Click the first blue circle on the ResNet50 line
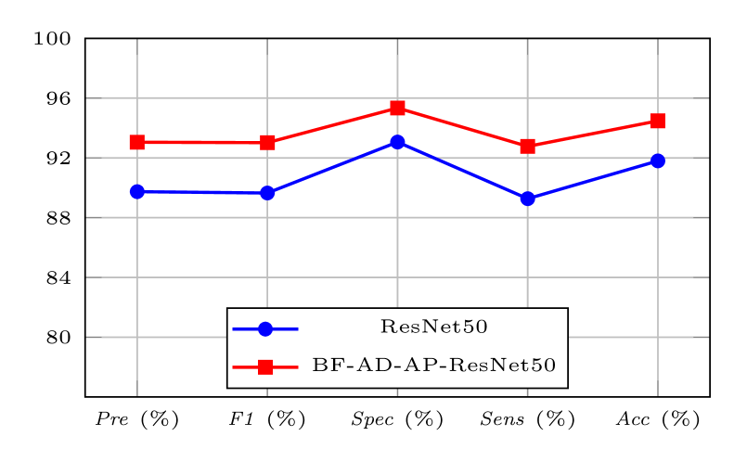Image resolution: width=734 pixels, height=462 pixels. (x=137, y=192)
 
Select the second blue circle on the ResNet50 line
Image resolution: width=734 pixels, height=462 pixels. (x=267, y=193)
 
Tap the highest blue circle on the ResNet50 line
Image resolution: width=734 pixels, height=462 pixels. (x=397, y=142)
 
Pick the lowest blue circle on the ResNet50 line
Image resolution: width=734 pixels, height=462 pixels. (x=528, y=199)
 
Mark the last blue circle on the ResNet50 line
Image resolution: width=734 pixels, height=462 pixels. (x=658, y=160)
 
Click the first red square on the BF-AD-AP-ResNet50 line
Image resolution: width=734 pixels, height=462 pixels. (x=137, y=142)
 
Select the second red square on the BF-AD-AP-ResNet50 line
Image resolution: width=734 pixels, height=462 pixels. (x=267, y=142)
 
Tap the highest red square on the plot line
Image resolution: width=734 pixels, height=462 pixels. (x=397, y=108)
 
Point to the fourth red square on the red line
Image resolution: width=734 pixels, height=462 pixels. (x=528, y=146)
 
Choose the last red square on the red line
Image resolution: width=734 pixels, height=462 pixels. (x=658, y=121)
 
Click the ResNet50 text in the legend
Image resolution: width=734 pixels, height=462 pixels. (x=434, y=327)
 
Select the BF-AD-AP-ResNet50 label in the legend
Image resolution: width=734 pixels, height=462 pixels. (x=434, y=366)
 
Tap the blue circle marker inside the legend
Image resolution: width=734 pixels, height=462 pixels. (x=264, y=328)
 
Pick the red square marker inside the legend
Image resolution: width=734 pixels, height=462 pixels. (x=264, y=366)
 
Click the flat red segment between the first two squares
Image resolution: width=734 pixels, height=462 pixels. (x=202, y=142)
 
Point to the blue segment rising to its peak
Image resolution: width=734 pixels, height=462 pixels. (x=332, y=167)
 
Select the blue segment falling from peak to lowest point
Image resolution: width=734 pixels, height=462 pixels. (x=462, y=170)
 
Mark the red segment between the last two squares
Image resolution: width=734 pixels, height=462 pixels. (x=593, y=134)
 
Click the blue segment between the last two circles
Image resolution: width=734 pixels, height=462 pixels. (x=593, y=180)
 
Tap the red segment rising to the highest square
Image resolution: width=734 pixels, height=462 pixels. (x=332, y=125)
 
